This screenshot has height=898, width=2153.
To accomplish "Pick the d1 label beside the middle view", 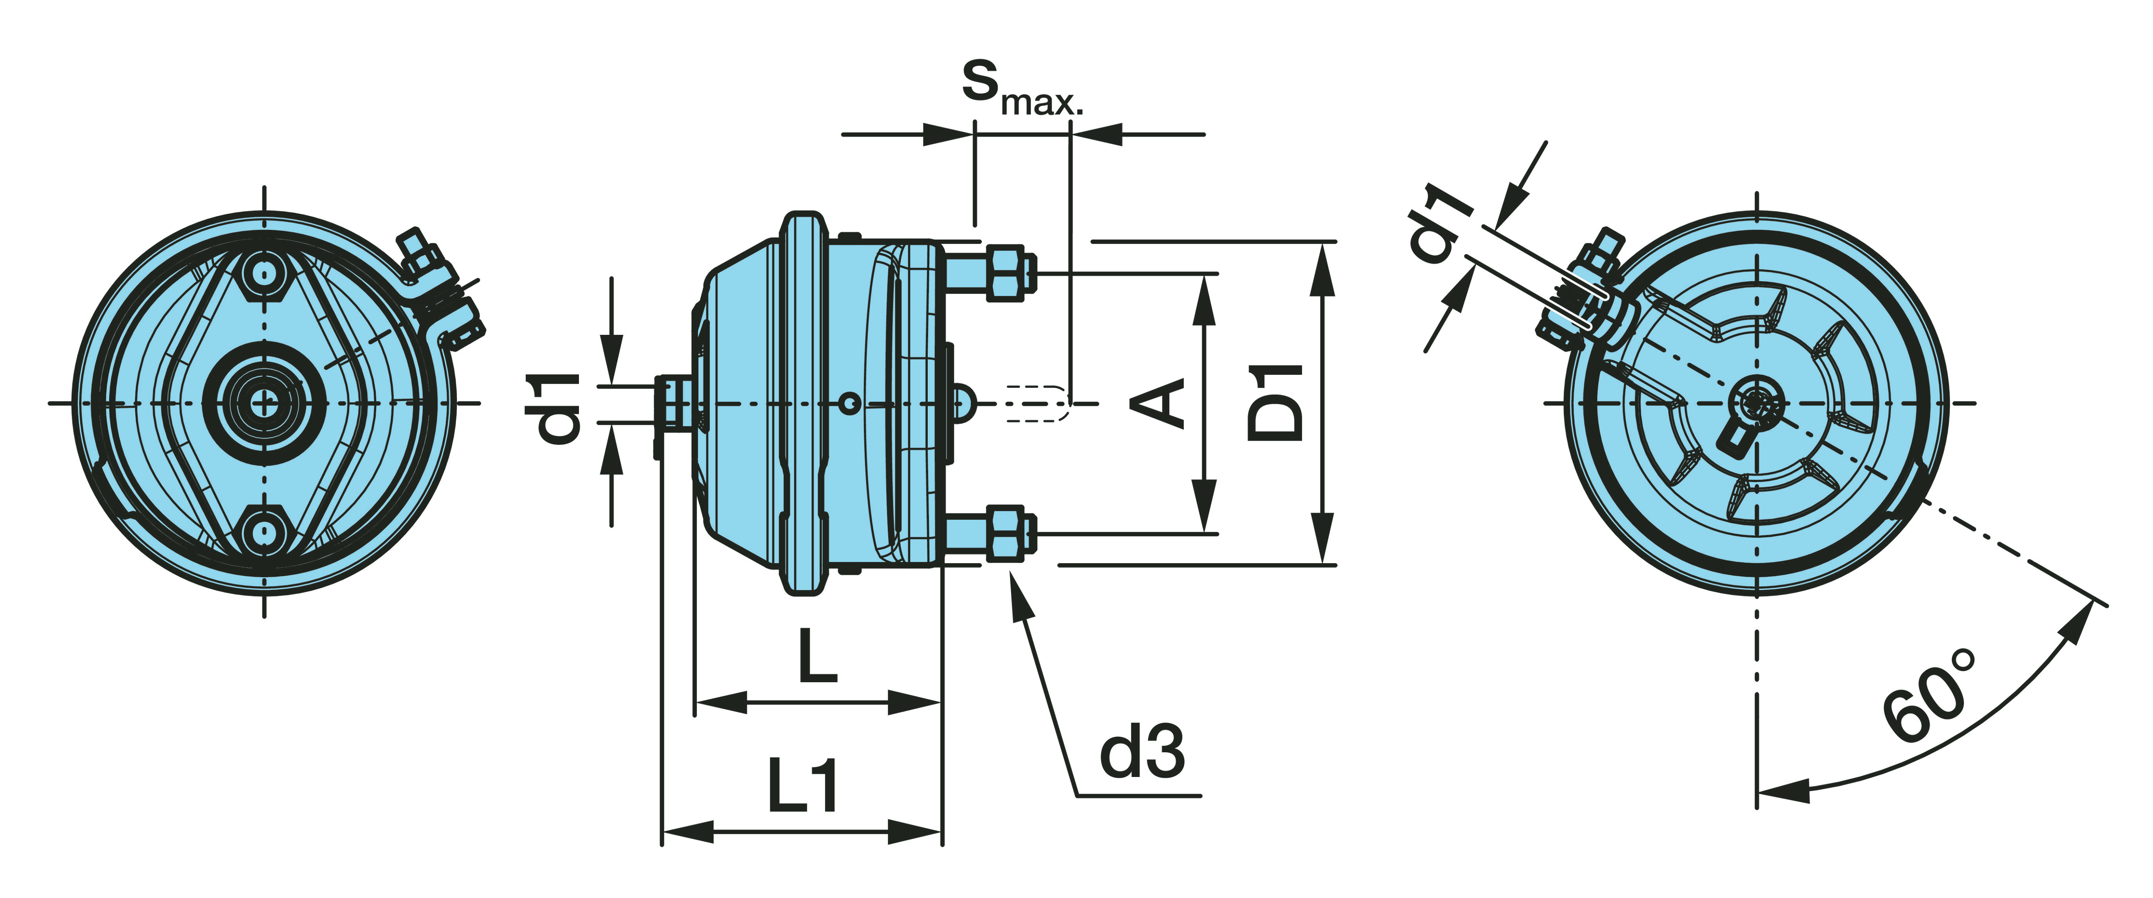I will [x=557, y=407].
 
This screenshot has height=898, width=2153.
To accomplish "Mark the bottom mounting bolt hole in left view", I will [x=264, y=533].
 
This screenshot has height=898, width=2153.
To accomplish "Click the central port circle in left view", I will [x=264, y=403].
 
